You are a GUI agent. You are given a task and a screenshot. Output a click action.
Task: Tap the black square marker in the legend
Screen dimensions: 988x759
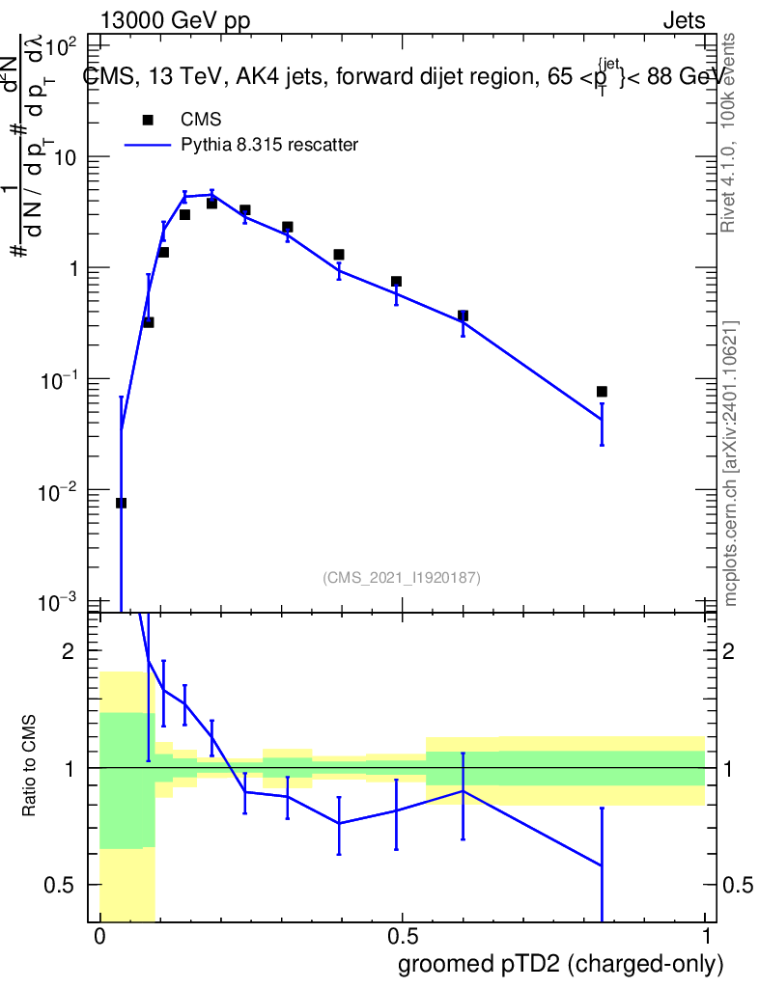coord(148,120)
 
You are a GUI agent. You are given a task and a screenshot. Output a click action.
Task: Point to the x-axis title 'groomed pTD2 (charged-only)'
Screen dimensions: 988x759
coord(560,964)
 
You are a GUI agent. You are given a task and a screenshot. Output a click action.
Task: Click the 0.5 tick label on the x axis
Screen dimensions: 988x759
coord(402,936)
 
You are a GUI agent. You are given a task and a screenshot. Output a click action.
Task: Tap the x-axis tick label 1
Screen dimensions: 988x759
coord(705,936)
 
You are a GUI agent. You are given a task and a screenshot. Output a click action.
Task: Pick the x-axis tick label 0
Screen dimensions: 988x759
coord(99,936)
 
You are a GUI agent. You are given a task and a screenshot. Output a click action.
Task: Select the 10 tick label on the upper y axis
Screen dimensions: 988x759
coord(67,157)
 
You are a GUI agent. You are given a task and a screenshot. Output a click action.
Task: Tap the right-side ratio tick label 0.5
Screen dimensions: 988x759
coord(736,885)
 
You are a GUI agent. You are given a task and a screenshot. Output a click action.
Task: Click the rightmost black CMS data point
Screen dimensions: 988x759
coord(602,392)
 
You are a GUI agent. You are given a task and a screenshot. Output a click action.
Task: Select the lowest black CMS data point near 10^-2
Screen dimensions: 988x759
coord(121,503)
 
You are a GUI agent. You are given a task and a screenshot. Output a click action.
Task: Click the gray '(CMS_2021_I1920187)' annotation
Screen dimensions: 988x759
coord(402,578)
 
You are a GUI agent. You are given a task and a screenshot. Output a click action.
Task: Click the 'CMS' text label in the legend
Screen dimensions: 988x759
coord(201,120)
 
